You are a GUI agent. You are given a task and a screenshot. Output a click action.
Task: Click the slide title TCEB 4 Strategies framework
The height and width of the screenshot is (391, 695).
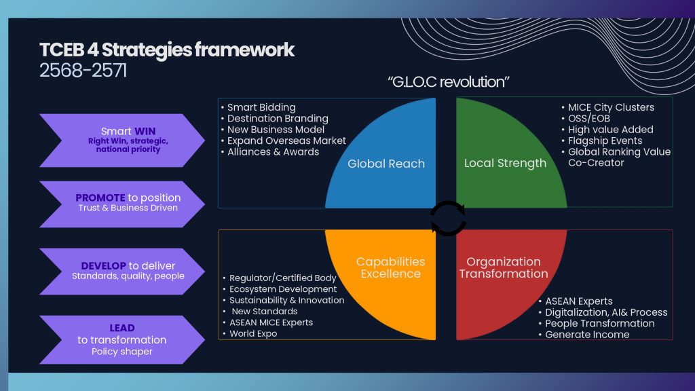coord(167,50)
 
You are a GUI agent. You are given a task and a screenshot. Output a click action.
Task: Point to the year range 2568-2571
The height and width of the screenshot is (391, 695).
coord(83,71)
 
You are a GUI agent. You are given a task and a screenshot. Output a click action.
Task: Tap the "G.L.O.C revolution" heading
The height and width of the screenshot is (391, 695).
coord(449,83)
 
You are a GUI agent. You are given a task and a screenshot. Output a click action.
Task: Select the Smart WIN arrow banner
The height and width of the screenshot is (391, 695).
coord(120,140)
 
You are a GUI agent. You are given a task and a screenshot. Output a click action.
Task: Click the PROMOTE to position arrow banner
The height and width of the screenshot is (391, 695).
coord(120,203)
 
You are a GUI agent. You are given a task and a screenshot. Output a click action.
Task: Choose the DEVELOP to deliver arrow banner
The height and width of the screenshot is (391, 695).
coord(120,271)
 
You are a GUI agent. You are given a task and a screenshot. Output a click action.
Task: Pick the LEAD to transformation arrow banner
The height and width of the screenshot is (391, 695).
coord(120,339)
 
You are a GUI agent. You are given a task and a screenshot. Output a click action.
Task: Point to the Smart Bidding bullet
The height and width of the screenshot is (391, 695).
coord(261,107)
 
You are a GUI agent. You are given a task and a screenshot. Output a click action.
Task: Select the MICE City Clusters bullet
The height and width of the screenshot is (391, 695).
coord(611,107)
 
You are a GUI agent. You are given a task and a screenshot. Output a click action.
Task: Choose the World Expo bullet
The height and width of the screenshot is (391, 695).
coord(252,333)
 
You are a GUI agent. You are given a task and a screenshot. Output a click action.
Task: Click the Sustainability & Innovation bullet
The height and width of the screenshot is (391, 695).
coord(286,300)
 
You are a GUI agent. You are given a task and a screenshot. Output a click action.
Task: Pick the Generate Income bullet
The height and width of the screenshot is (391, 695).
coord(587,334)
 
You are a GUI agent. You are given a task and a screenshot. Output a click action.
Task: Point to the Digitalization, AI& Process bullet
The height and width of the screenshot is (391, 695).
coord(606,312)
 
